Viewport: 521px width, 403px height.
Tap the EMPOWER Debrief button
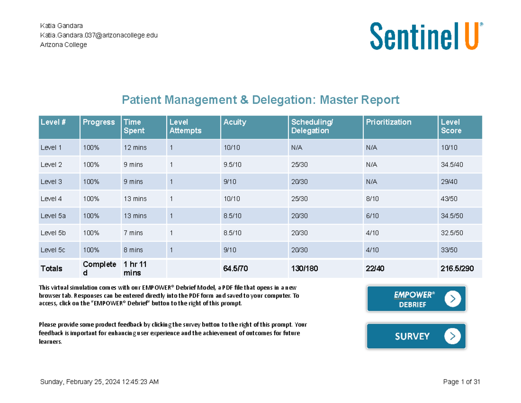click(x=416, y=299)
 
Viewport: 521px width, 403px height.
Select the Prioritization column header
click(x=388, y=122)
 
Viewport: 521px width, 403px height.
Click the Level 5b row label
click(x=53, y=233)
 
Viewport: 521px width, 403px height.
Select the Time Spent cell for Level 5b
click(x=133, y=233)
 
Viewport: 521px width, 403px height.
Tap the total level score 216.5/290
click(x=456, y=269)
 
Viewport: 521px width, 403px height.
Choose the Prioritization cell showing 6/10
click(x=372, y=216)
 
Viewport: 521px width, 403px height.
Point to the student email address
click(x=99, y=35)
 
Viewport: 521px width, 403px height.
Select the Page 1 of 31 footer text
click(x=461, y=382)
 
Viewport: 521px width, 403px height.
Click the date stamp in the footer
click(x=99, y=382)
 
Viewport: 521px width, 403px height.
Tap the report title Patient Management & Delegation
click(x=260, y=100)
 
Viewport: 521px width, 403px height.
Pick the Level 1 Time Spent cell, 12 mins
click(x=135, y=148)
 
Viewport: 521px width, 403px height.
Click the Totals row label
click(x=51, y=269)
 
